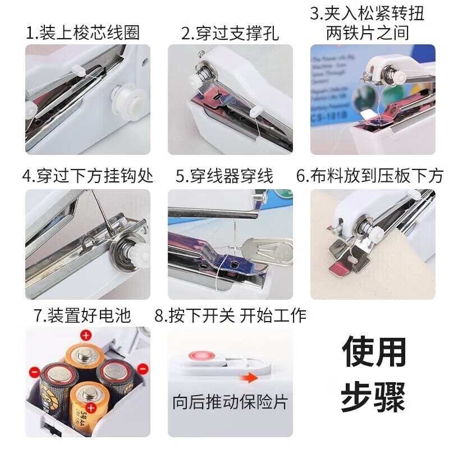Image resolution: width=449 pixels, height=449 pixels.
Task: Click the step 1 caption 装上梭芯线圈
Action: click(x=83, y=33)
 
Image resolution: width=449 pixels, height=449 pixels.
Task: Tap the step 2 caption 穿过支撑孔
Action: click(x=230, y=33)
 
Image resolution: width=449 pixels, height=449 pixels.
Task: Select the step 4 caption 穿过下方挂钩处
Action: click(x=88, y=176)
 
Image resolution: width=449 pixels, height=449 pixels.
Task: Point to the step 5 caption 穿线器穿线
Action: click(x=224, y=176)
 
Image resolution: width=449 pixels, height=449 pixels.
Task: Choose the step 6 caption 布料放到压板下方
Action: click(x=370, y=176)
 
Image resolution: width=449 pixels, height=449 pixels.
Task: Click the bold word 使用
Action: click(x=374, y=352)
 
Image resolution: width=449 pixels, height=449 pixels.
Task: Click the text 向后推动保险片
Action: click(x=230, y=402)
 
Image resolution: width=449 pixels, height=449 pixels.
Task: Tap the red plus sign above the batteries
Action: click(x=86, y=336)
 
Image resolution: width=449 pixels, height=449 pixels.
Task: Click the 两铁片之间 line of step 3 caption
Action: click(x=368, y=33)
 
